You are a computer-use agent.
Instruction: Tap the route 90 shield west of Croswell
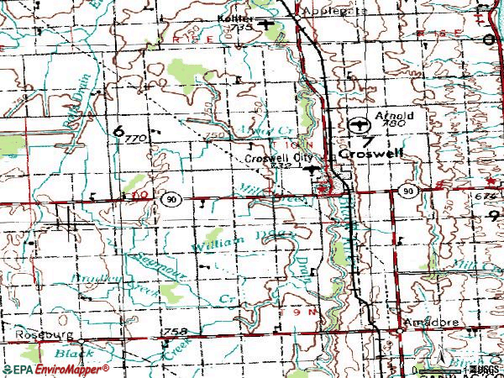171,199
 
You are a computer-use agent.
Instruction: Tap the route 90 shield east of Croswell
408,192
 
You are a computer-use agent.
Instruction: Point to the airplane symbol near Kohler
267,24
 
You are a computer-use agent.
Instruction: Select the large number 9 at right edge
493,215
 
